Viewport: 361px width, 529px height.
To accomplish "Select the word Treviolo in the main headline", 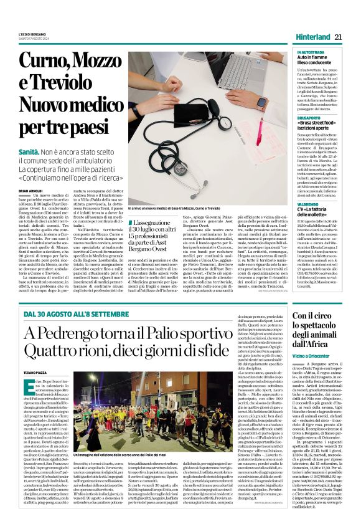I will coord(59,88).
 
